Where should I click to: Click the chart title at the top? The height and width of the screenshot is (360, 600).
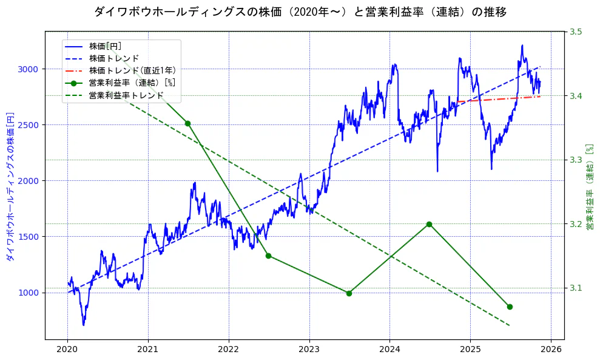coord(300,12)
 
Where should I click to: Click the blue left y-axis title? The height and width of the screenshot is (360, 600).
coord(10,186)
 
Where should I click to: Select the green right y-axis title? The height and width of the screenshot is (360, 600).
coord(589,186)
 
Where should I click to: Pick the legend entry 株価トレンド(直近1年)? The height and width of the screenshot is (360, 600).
coord(132,70)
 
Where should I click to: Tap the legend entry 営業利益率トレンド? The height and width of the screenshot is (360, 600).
coord(126,95)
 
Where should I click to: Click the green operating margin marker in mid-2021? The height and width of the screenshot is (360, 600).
coord(188,123)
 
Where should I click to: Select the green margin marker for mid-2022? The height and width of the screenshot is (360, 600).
coord(268,256)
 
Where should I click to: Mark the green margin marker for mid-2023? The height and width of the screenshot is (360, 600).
coord(349,293)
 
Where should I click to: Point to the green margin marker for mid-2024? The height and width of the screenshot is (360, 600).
coord(429,224)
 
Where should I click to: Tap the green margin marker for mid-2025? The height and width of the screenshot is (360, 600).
coord(510,307)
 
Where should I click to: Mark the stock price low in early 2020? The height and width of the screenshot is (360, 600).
coord(83,325)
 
